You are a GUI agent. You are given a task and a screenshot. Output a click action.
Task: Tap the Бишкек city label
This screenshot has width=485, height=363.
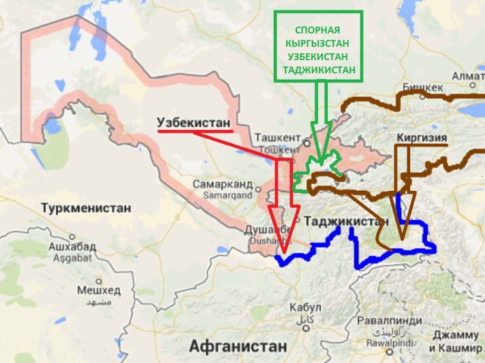click(422, 88)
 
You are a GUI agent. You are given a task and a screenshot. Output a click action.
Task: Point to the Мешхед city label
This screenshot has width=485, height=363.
click(94, 289)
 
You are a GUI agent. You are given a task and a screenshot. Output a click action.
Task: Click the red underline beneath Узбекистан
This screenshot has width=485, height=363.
click(194, 129)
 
